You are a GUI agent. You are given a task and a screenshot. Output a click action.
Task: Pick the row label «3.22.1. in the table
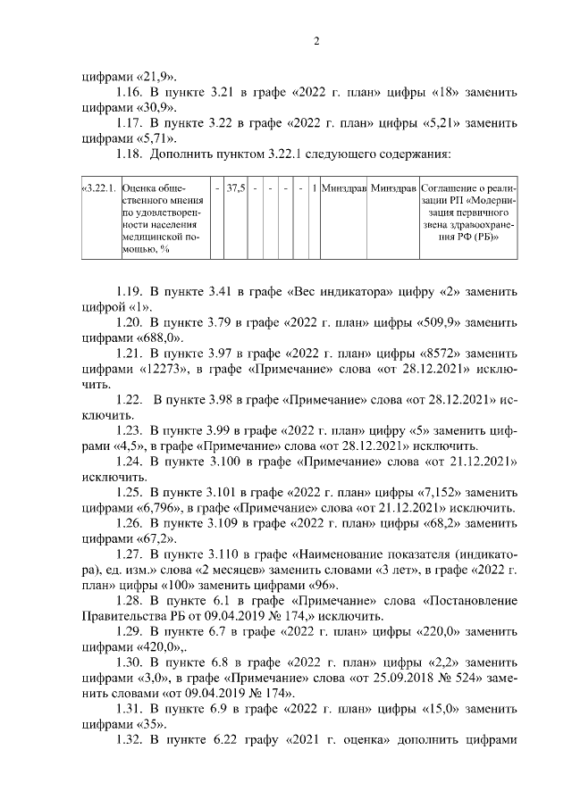(98, 189)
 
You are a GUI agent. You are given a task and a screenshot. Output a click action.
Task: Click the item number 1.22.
(132, 399)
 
